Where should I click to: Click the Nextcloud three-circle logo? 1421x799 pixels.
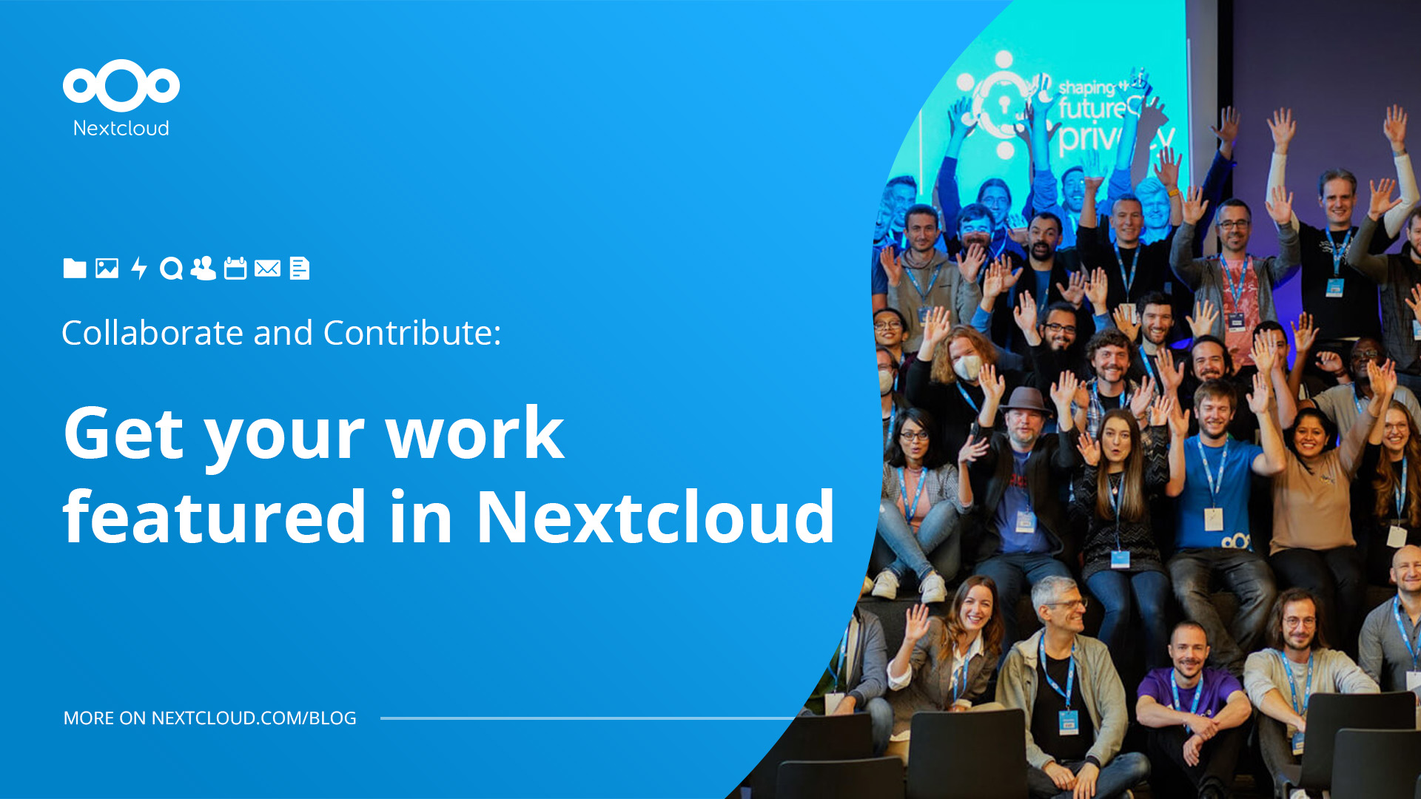pos(121,85)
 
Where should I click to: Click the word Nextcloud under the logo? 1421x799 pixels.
pos(121,128)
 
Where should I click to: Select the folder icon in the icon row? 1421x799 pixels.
pos(75,268)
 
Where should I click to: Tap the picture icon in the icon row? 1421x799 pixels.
pos(107,268)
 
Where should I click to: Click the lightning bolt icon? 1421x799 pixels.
pos(138,268)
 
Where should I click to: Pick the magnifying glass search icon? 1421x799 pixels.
pos(171,269)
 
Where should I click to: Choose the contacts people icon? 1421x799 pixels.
pos(203,268)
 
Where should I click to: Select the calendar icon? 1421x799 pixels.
pos(235,268)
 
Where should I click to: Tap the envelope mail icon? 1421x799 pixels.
pos(267,268)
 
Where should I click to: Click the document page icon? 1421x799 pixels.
pos(299,268)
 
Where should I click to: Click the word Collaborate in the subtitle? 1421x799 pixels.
pos(152,333)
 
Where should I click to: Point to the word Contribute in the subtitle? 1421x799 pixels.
pos(411,333)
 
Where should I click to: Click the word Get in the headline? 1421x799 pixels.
pos(123,434)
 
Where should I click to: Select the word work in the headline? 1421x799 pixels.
pos(474,434)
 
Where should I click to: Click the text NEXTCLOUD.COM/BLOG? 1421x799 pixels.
pos(254,718)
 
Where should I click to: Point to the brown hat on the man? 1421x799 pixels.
pos(1024,400)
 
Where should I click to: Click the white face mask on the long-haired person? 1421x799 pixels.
pos(966,366)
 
